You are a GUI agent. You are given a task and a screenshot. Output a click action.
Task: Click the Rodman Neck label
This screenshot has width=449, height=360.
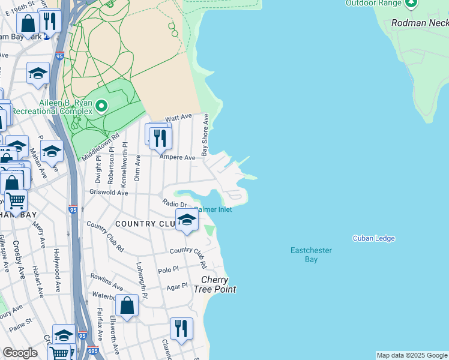419,23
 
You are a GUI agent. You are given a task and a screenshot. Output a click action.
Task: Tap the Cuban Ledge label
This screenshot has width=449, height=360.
373,238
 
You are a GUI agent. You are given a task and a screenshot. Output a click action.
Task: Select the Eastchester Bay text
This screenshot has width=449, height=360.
311,254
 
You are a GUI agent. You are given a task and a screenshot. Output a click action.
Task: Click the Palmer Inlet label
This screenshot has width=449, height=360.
214,209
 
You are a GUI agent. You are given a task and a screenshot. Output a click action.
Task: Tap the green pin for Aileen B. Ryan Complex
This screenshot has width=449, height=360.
101,106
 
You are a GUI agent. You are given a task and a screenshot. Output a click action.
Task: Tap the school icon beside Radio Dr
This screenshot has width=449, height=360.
186,220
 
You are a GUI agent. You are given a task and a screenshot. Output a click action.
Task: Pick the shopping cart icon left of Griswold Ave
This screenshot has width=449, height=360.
16,200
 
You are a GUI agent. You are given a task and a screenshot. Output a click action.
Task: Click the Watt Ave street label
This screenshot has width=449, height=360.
178,118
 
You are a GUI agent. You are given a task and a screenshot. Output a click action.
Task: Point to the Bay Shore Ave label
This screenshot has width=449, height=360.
205,135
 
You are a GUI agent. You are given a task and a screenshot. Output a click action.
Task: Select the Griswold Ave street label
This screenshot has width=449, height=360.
109,193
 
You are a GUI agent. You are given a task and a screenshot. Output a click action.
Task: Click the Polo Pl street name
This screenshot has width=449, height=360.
168,271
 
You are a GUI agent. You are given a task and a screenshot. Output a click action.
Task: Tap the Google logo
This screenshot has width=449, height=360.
20,353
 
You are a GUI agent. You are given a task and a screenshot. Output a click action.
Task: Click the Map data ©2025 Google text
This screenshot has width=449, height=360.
412,355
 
